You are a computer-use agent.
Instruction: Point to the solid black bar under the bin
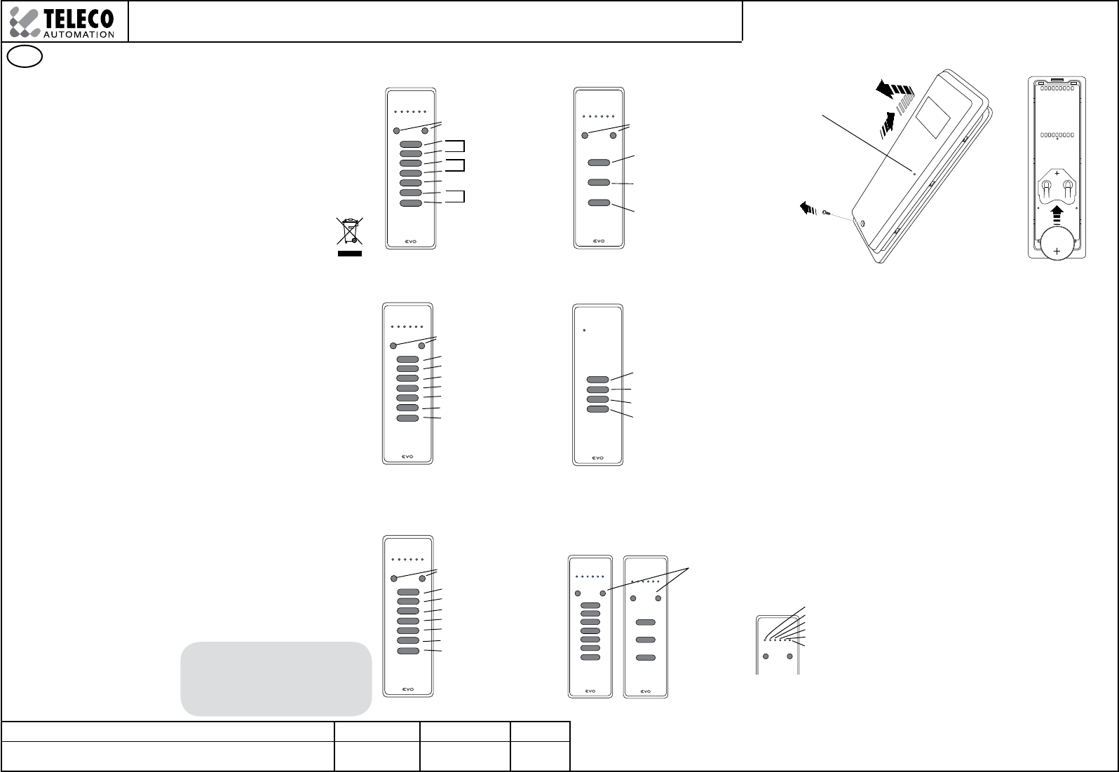tap(350, 254)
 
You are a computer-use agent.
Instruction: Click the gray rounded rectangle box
tap(276, 678)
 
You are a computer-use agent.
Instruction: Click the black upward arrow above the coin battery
tap(1057, 213)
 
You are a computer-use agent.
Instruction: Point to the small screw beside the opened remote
tap(828, 212)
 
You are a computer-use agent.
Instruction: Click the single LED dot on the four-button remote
tap(584, 330)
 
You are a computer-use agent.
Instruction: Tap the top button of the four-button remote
tap(597, 380)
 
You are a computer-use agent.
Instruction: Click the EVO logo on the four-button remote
tap(597, 458)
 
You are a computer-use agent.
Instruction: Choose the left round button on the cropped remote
tap(766, 656)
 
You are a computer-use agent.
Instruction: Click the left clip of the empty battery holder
tap(1045, 187)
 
